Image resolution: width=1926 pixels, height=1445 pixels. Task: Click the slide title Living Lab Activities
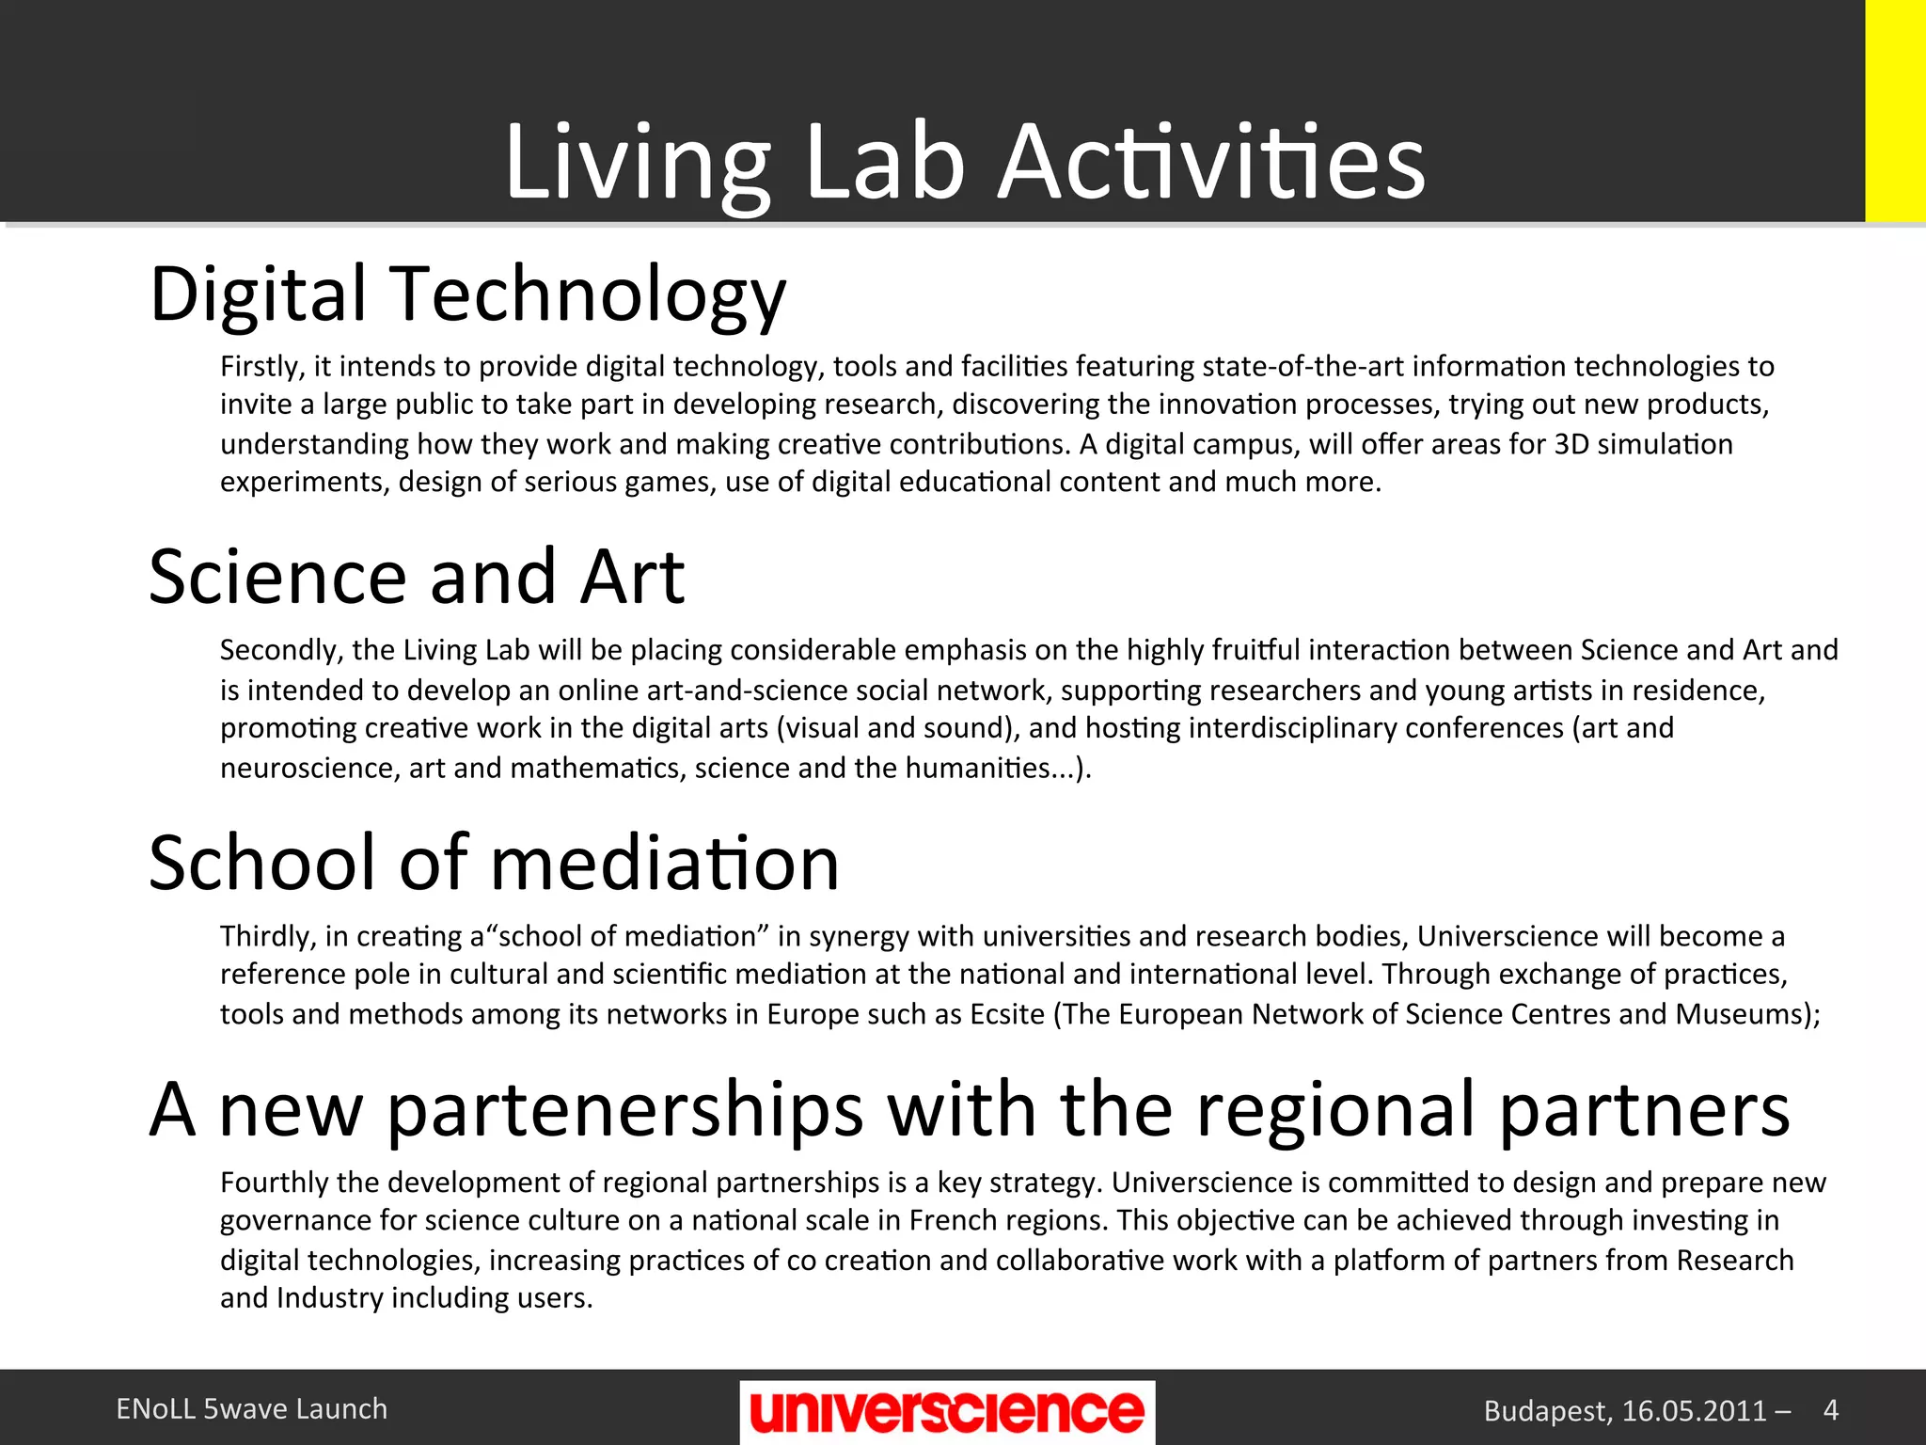point(965,162)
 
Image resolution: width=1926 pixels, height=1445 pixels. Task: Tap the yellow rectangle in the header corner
point(1895,111)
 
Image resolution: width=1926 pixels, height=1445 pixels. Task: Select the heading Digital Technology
point(467,295)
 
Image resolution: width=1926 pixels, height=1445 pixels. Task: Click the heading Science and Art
point(417,578)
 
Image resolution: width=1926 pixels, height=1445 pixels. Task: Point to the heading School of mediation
point(494,864)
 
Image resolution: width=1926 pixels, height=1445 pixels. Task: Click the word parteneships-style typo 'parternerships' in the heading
point(624,1110)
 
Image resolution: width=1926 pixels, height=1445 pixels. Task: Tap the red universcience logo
point(947,1411)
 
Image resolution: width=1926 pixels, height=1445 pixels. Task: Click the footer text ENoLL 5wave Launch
point(252,1409)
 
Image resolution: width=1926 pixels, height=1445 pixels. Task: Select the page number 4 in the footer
point(1830,1409)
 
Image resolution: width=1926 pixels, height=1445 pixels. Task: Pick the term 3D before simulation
point(1571,444)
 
